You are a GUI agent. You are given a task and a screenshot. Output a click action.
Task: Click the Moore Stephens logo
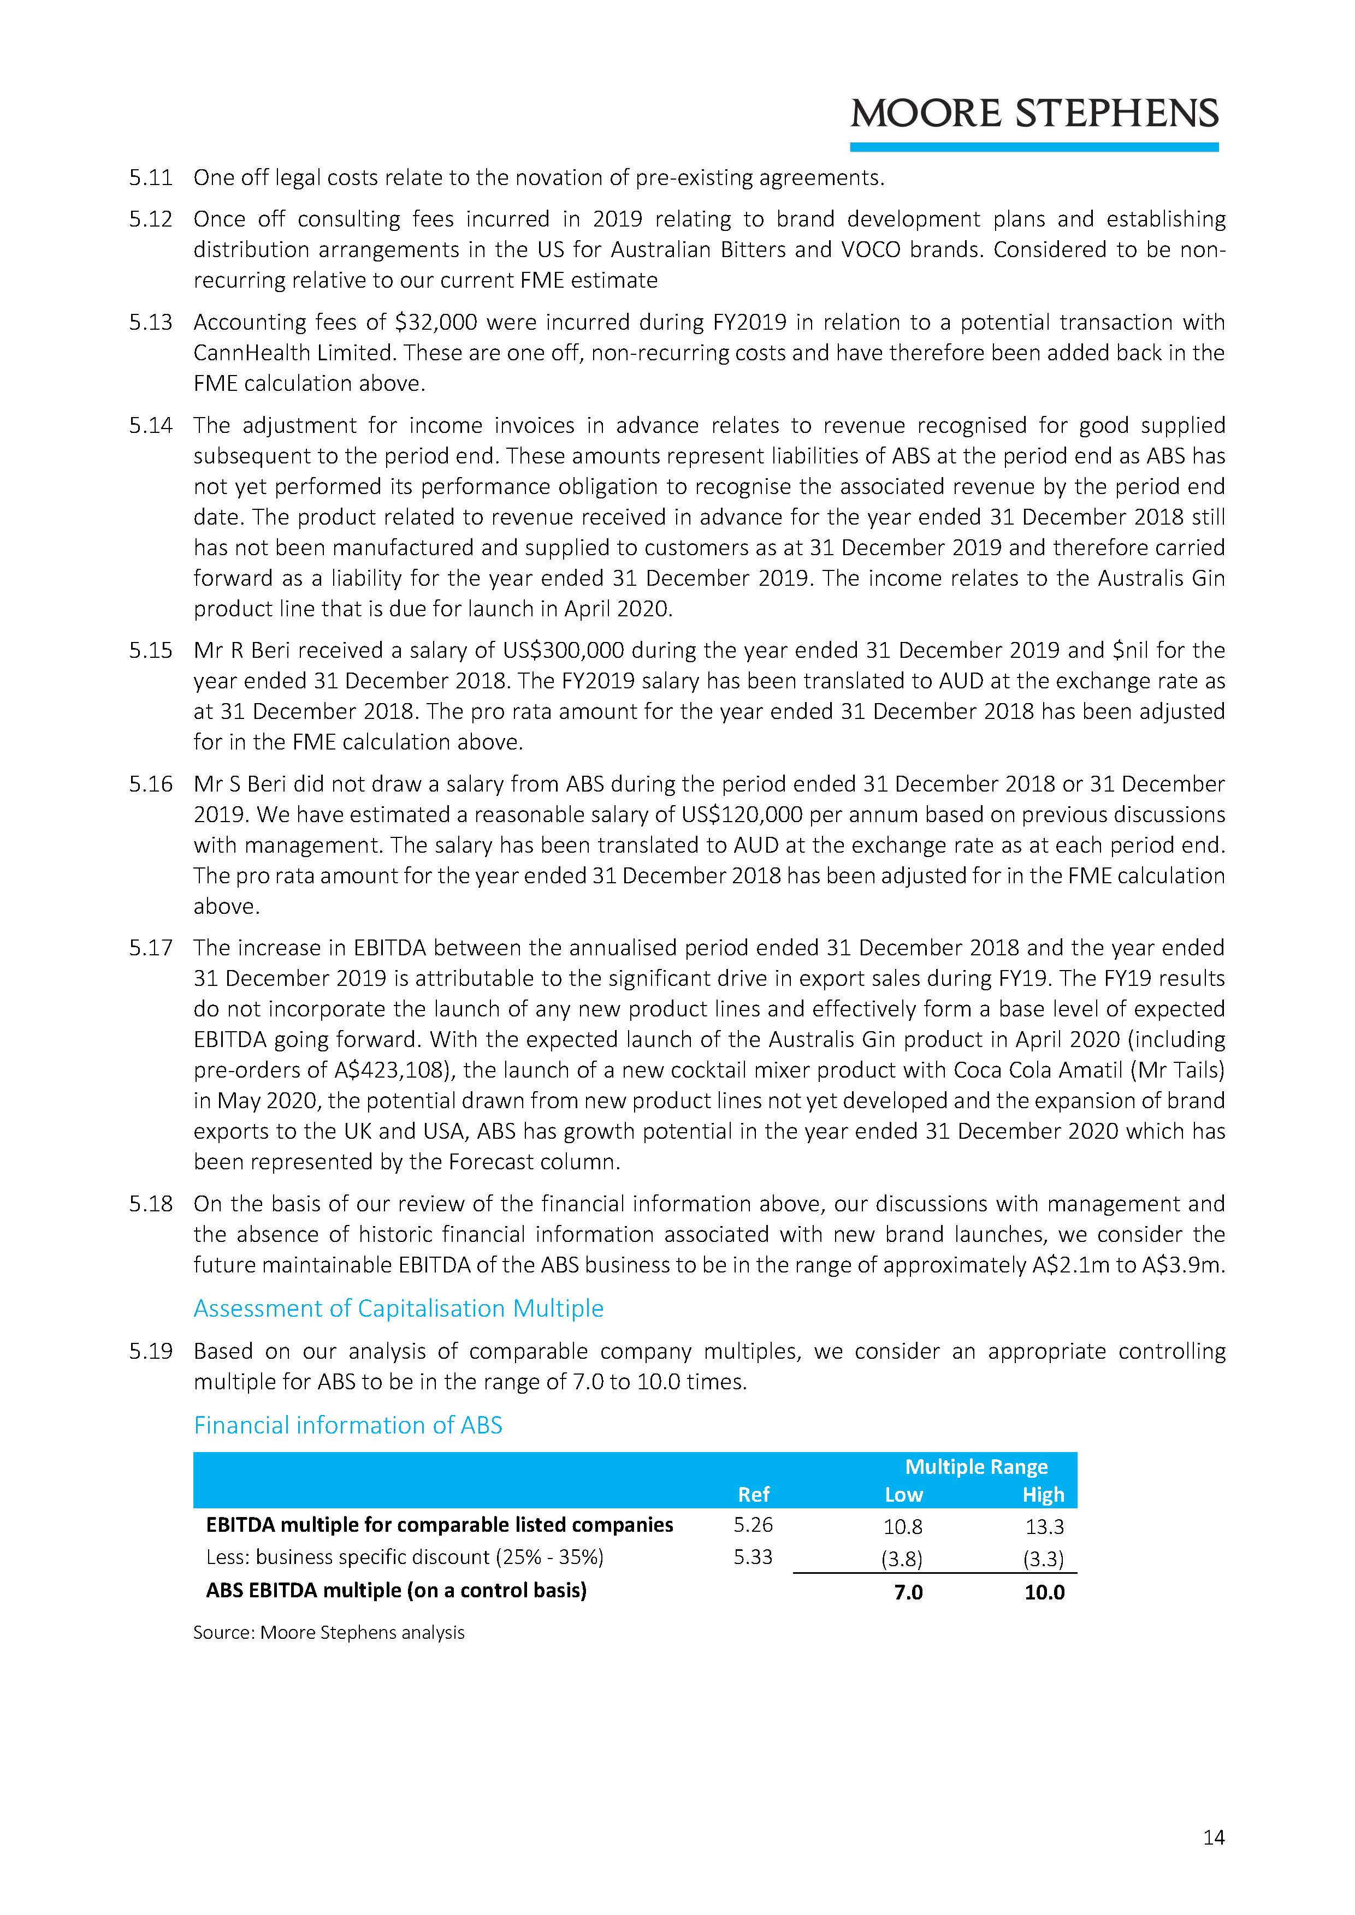(x=1034, y=114)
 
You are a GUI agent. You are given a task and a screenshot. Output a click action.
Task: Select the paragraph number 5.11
(x=150, y=177)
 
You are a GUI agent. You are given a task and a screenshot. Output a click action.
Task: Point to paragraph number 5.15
(x=150, y=651)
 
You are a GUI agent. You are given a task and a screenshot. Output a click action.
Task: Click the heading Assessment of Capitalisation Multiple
(x=398, y=1308)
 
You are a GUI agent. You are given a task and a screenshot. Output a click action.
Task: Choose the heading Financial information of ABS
(x=347, y=1425)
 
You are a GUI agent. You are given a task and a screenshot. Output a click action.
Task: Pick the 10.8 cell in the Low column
(x=904, y=1526)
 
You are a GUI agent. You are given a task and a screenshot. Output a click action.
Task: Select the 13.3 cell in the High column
(x=1044, y=1526)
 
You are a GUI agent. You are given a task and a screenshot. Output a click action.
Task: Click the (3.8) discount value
(x=902, y=1559)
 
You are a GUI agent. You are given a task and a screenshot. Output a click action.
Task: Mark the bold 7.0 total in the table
(x=908, y=1592)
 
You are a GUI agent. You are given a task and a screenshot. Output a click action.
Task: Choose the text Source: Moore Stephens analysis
(x=329, y=1632)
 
